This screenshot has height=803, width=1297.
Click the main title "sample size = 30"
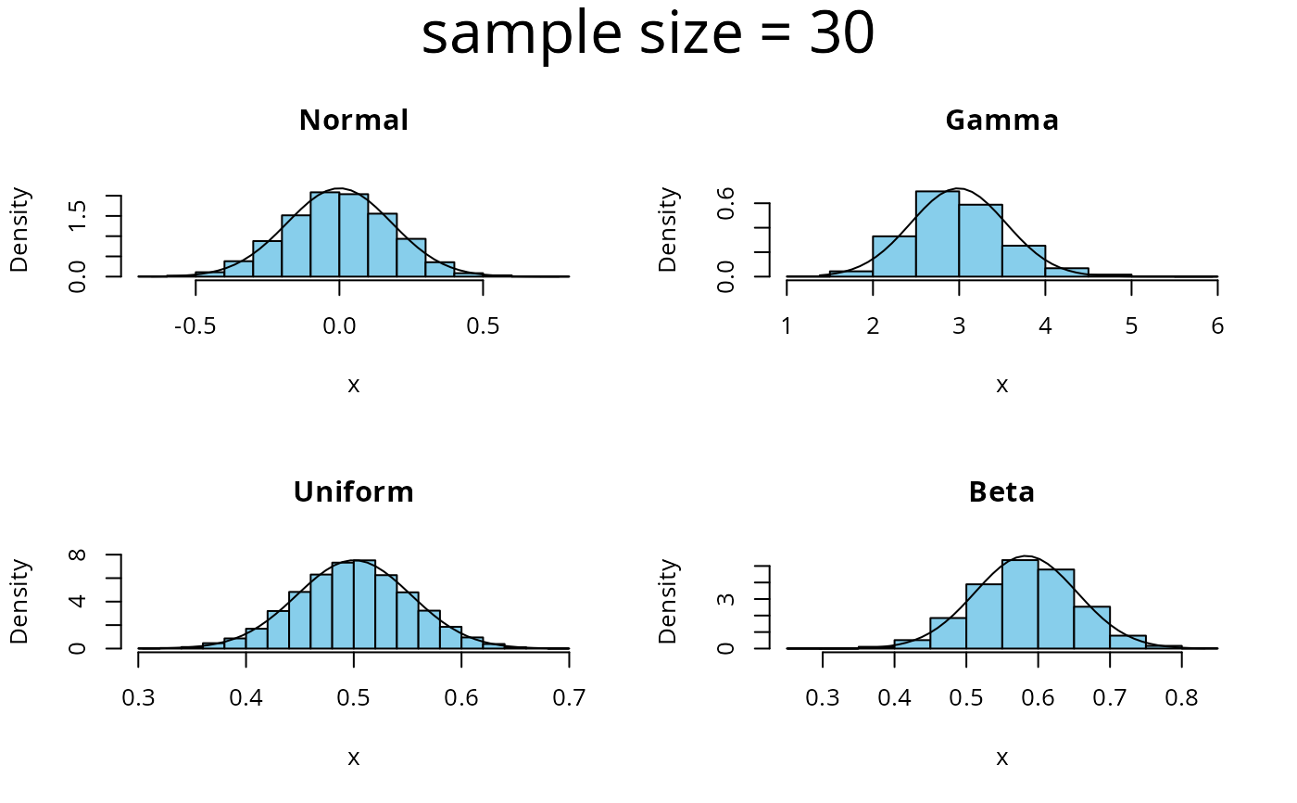(x=648, y=35)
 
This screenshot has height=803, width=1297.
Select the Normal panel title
(x=353, y=121)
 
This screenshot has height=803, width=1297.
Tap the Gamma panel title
(x=1001, y=121)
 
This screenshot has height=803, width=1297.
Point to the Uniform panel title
(x=353, y=491)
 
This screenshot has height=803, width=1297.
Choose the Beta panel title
(x=1001, y=491)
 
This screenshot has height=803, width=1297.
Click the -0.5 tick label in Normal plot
(x=195, y=326)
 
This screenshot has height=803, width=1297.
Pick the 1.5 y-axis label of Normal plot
(x=79, y=215)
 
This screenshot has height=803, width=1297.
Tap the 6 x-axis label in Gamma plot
(x=1216, y=326)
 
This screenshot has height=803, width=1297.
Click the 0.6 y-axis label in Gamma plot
(x=727, y=203)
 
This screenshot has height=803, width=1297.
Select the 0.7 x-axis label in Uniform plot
(x=568, y=697)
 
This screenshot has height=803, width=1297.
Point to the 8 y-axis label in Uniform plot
(x=79, y=554)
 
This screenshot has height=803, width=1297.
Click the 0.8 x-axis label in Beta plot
(x=1181, y=697)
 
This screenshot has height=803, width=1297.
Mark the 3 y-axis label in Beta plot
(x=727, y=599)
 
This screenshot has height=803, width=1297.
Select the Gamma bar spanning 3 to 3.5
(x=980, y=240)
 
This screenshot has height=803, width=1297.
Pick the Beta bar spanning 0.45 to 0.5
(x=948, y=633)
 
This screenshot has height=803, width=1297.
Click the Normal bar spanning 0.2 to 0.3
(x=410, y=258)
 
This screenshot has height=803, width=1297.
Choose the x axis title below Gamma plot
(x=1001, y=386)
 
